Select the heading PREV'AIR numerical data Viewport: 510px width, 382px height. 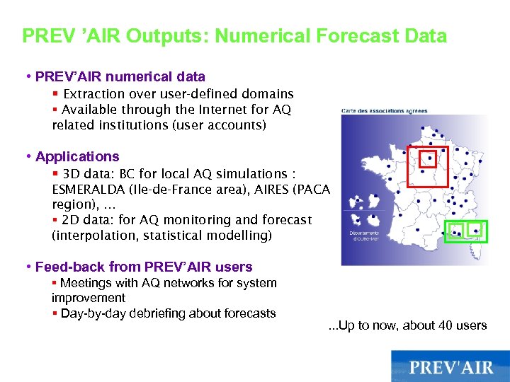120,76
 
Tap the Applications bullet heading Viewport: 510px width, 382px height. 77,156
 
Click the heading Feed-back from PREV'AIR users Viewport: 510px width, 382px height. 144,267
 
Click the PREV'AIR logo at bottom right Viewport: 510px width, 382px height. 450,367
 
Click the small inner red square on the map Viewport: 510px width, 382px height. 429,158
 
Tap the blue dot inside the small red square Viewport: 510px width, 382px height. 429,158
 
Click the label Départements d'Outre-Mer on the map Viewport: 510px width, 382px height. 362,236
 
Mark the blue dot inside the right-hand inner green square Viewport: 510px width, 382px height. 476,230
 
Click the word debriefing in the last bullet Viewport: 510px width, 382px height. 165,313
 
